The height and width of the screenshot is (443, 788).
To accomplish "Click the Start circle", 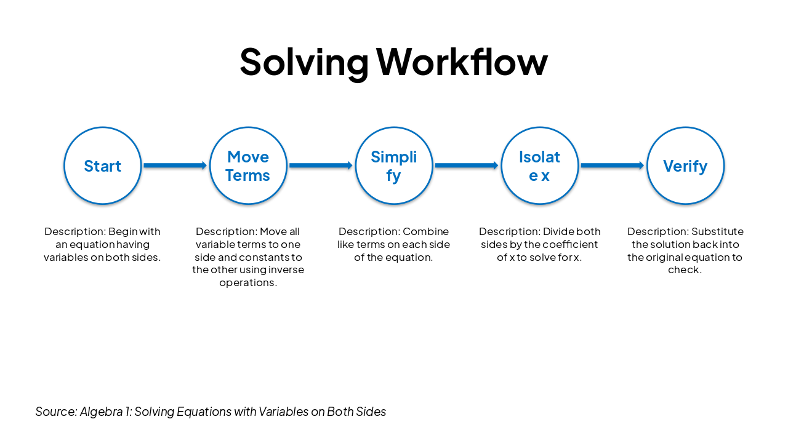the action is pyautogui.click(x=103, y=166).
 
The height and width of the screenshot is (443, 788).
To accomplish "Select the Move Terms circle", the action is pyautogui.click(x=248, y=166).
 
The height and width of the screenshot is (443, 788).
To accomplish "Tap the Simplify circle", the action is pyautogui.click(x=394, y=166).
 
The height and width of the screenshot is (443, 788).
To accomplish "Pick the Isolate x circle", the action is pyautogui.click(x=539, y=166).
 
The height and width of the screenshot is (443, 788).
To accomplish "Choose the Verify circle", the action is pyautogui.click(x=685, y=166).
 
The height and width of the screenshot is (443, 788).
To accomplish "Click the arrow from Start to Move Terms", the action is pyautogui.click(x=175, y=166).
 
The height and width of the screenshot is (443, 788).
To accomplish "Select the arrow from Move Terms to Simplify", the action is pyautogui.click(x=321, y=166).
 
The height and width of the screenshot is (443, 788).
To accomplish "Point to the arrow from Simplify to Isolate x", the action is pyautogui.click(x=467, y=166).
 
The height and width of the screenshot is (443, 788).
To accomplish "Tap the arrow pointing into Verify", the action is pyautogui.click(x=612, y=166).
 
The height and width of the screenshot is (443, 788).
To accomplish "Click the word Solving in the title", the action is pyautogui.click(x=304, y=62).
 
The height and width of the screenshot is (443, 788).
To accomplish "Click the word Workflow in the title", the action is pyautogui.click(x=462, y=62).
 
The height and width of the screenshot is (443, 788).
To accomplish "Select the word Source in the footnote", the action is pyautogui.click(x=55, y=412).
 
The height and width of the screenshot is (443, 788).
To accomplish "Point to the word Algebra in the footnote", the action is pyautogui.click(x=100, y=412).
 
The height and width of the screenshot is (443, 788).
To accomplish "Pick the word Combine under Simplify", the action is pyautogui.click(x=425, y=232).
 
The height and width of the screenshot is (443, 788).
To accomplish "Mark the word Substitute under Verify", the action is pyautogui.click(x=717, y=232).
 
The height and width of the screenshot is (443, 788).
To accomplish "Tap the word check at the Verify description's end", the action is pyautogui.click(x=684, y=270).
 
